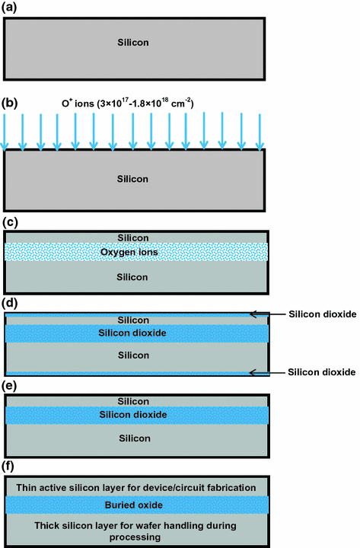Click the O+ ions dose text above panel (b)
(x=132, y=102)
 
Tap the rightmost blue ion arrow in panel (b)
(x=261, y=131)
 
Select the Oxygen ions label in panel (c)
(x=134, y=252)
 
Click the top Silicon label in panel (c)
(x=134, y=237)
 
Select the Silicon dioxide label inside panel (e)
(x=134, y=415)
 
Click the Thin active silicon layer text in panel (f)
(x=134, y=486)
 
